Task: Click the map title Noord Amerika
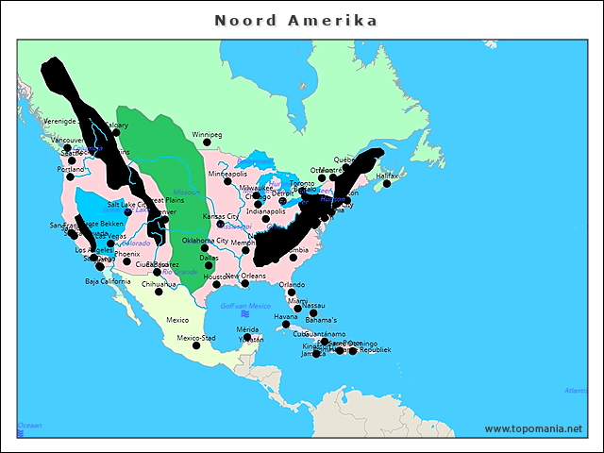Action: (x=295, y=20)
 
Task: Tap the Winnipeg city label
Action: (x=207, y=135)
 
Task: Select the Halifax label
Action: (x=387, y=176)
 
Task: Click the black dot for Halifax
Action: (x=386, y=183)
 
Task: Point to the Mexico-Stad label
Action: (x=196, y=338)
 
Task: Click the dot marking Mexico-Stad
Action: (x=196, y=345)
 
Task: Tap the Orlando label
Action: (x=292, y=284)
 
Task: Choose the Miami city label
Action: (x=298, y=301)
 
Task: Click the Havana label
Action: (x=286, y=317)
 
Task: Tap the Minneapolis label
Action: (x=227, y=174)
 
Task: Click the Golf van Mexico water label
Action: (x=245, y=306)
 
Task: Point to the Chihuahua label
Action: (x=159, y=284)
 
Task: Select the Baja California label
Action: (x=108, y=281)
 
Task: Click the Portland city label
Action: (x=70, y=169)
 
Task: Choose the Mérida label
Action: (x=247, y=329)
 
